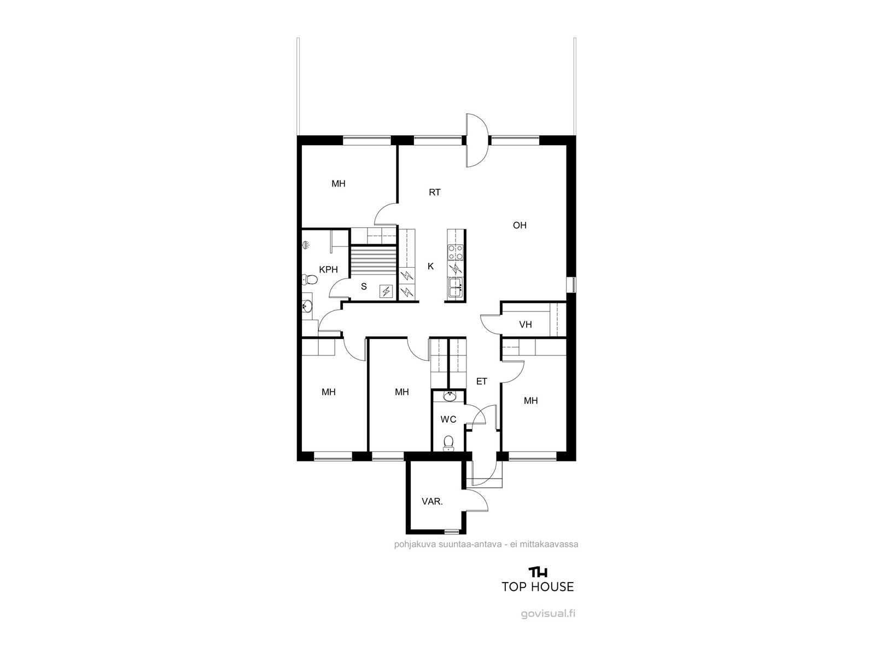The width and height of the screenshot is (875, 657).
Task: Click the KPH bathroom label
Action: (328, 269)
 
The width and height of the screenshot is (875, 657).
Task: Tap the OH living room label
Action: (520, 226)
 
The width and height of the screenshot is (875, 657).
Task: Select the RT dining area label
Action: (435, 192)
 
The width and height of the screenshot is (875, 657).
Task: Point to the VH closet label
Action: (526, 324)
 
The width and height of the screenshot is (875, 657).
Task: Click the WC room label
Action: (448, 419)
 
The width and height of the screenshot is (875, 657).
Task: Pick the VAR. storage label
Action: (432, 502)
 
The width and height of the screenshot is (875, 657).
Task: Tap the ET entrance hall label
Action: (482, 382)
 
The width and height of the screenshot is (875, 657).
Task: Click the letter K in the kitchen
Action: (430, 266)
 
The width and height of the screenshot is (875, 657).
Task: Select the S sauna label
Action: (364, 286)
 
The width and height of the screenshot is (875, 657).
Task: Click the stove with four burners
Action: (456, 252)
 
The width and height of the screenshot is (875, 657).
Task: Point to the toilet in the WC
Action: (448, 443)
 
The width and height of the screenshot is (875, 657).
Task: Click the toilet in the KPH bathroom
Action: (309, 280)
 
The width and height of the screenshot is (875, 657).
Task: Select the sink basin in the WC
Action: (450, 396)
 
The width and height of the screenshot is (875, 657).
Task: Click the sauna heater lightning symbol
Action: (386, 291)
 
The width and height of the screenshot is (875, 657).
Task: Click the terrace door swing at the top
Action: (477, 140)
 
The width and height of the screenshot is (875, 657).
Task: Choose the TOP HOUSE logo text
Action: (538, 586)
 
